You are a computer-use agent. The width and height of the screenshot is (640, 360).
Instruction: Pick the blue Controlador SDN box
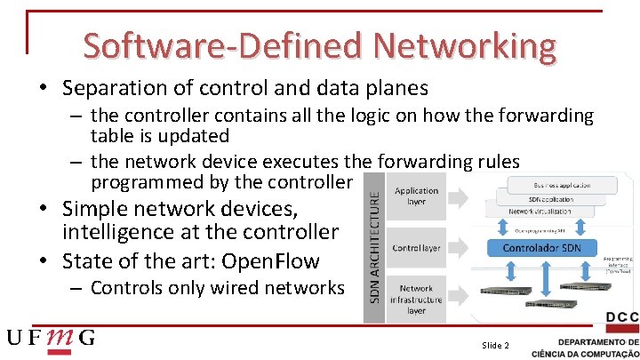(541, 248)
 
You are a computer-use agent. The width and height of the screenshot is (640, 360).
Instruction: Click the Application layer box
(416, 196)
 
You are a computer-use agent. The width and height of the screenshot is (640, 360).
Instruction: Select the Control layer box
(416, 247)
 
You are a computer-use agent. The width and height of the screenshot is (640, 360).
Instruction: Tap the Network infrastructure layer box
(416, 300)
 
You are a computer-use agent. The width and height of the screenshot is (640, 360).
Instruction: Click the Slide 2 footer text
(495, 344)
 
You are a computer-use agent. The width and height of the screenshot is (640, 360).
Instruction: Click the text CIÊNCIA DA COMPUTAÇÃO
(584, 353)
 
